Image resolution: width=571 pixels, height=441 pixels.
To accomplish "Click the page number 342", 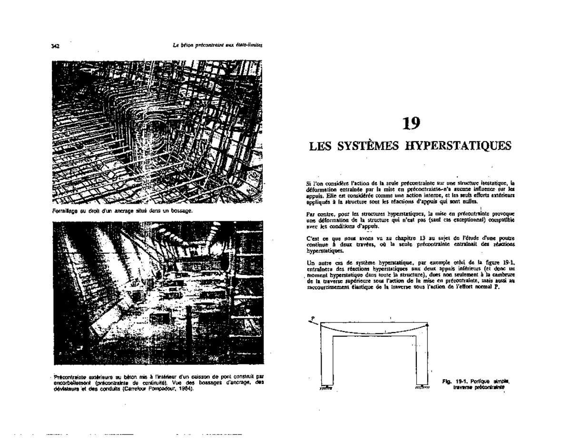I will [55, 46].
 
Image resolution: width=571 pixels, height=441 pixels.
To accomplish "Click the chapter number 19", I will [411, 124].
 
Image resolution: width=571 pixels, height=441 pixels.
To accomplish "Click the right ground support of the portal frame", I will [422, 387].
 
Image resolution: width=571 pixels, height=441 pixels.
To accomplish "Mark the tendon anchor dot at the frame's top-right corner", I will [428, 324].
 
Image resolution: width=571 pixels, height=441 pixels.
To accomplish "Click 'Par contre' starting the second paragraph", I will [316, 214].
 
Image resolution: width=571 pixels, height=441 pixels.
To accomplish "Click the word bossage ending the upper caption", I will [182, 210].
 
